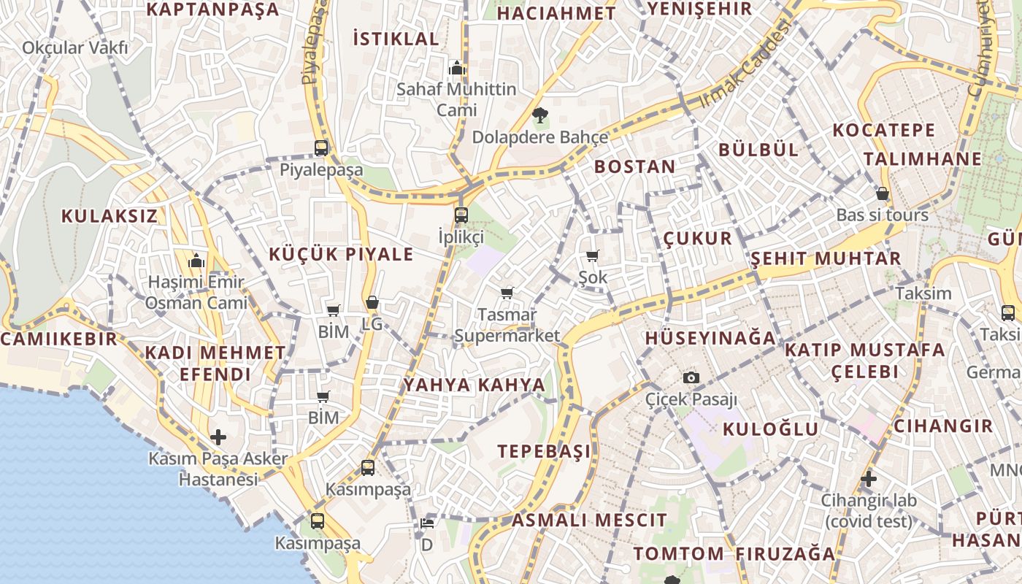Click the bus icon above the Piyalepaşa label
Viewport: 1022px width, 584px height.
tap(321, 147)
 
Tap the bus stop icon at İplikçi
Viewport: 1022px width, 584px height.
tap(461, 215)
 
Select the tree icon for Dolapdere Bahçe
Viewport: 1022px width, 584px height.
tap(540, 115)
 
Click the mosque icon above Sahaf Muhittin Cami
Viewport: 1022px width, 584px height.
tap(457, 68)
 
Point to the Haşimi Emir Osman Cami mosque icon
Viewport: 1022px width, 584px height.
tap(196, 261)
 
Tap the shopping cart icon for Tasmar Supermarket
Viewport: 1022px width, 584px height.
tap(507, 293)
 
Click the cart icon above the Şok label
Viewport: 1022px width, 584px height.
tap(592, 255)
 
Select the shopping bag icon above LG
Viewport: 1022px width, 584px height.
tap(372, 301)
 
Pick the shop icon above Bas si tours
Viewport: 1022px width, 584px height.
tap(883, 193)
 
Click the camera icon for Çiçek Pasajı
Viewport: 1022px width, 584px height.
tap(691, 377)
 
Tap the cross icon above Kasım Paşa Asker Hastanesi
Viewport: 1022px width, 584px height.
tap(218, 437)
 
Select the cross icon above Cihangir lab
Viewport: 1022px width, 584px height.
tap(868, 480)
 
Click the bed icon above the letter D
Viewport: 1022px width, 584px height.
tap(427, 523)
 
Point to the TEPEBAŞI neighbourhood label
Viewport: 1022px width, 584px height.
tap(545, 451)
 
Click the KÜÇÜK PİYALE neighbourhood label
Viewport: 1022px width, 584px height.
tap(341, 255)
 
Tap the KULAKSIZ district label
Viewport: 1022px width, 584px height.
tap(109, 216)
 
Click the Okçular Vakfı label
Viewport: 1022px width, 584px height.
tap(74, 48)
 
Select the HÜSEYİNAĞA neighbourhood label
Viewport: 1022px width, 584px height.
tap(710, 338)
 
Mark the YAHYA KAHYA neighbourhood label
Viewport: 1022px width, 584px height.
tap(474, 385)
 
